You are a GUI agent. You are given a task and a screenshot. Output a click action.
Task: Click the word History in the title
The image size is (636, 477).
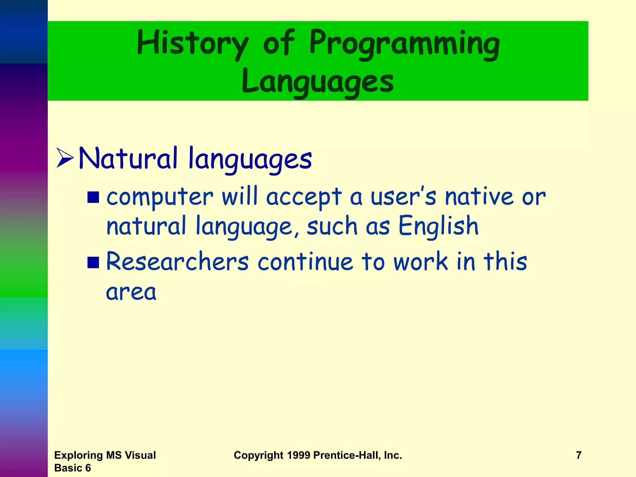193,43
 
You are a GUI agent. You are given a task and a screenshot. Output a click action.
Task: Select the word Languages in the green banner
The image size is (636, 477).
317,81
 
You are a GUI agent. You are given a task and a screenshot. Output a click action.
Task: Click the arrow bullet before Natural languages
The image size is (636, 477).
65,158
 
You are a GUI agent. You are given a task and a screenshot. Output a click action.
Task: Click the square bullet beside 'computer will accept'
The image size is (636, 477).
93,197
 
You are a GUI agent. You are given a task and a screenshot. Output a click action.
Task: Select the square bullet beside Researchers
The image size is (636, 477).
93,262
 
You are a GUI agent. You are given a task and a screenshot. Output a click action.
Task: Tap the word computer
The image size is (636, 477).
160,198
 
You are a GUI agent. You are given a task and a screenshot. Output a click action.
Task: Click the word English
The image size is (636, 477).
438,226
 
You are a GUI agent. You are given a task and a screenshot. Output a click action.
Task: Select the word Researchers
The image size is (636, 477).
177,261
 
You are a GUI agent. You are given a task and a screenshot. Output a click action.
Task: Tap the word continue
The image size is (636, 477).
305,261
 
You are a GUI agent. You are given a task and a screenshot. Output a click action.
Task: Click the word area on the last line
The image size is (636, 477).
131,293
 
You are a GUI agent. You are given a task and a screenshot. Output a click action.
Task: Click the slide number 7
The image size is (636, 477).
579,455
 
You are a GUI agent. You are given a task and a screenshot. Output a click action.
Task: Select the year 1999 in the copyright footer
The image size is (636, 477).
298,455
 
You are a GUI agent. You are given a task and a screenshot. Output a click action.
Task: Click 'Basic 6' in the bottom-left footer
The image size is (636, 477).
72,468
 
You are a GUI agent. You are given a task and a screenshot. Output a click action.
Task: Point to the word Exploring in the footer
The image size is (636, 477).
79,455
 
